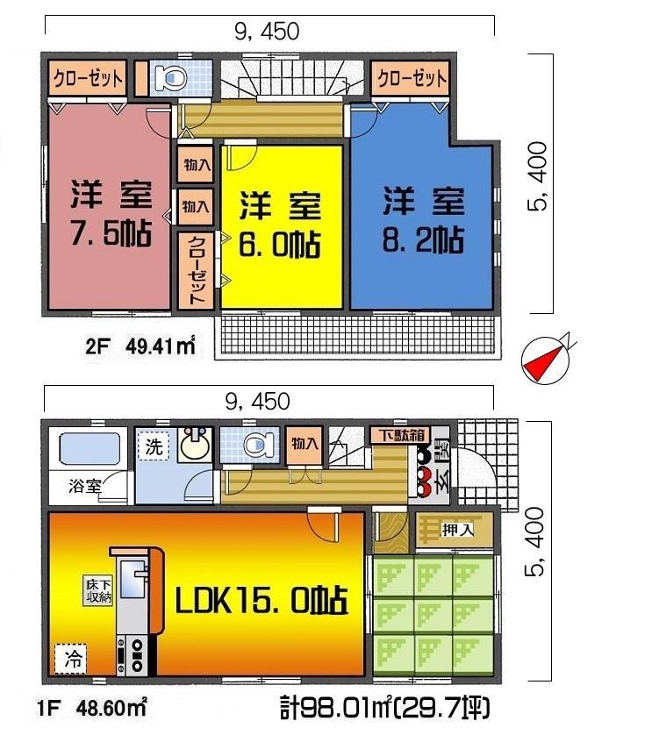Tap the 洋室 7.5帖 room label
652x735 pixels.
coord(111,215)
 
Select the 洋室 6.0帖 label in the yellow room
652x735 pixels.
coord(280,224)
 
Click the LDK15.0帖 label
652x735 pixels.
coord(262,603)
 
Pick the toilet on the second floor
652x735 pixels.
coord(170,79)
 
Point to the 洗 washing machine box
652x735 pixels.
coord(154,446)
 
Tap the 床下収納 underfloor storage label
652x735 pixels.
coord(98,590)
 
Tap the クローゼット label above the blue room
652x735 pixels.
coord(412,78)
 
